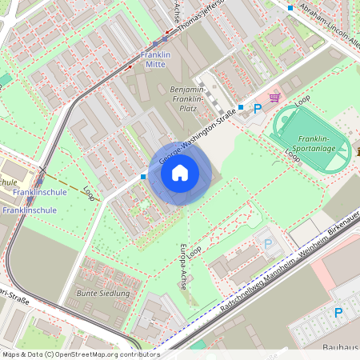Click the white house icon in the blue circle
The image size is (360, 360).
pos(180,172)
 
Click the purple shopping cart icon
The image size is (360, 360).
pos(275,98)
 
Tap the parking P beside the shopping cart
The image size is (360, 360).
pos(257,109)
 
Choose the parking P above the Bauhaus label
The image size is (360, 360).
pos(338,313)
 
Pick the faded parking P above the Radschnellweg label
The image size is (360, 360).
pos(268,243)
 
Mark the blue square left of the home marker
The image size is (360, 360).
pos(143,176)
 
